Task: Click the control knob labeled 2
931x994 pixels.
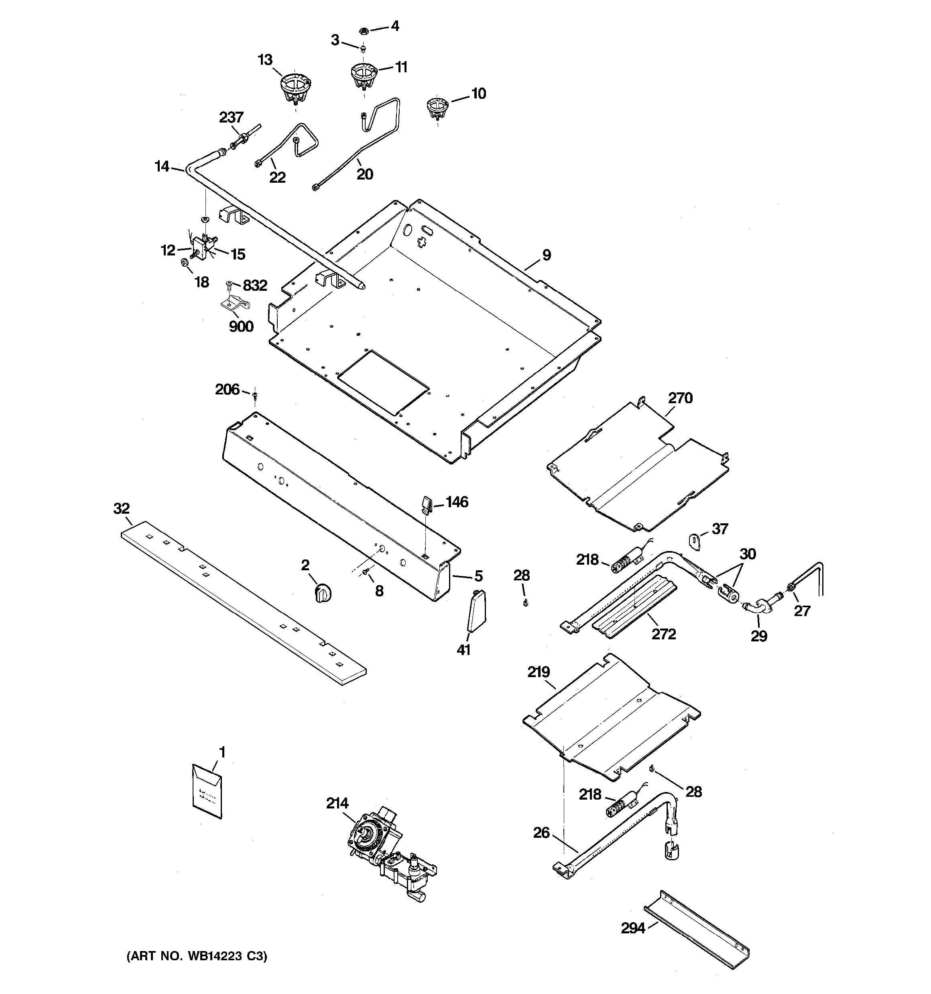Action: pos(323,594)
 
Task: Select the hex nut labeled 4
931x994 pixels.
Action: pos(363,31)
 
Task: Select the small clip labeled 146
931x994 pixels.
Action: pos(426,504)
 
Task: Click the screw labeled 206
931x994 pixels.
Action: pos(255,396)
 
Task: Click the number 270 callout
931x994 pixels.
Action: pos(680,398)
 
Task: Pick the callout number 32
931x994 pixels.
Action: pos(122,508)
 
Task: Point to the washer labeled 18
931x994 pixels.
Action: pos(184,262)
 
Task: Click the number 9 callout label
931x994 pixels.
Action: pos(547,255)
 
